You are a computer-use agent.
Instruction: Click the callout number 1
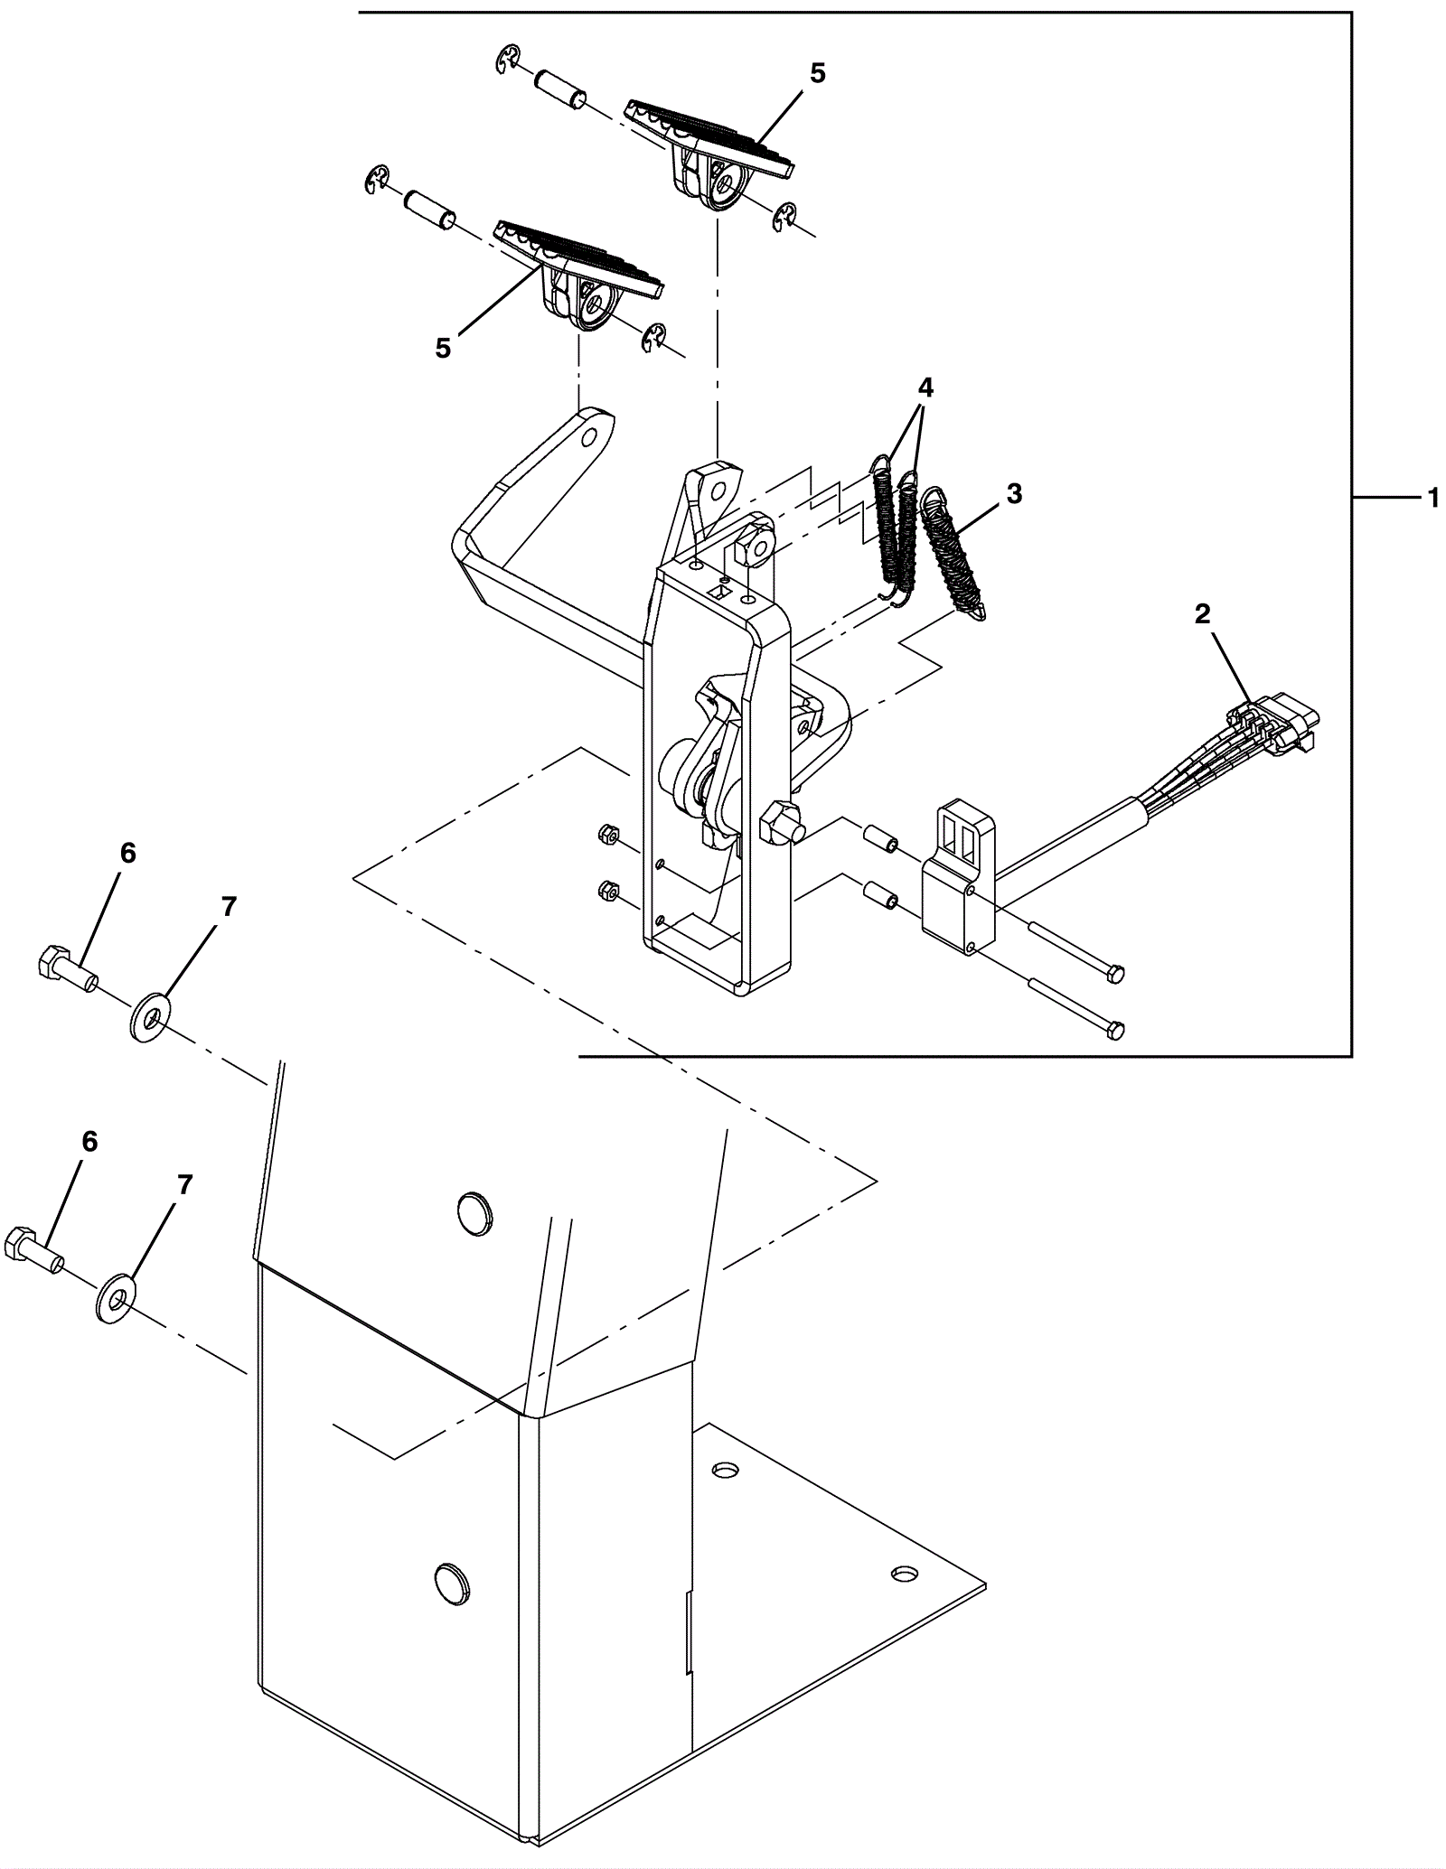1432,498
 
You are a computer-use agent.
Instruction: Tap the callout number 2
1202,614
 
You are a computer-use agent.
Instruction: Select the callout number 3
1014,494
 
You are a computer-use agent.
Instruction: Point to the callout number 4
925,388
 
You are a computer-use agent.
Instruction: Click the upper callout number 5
817,74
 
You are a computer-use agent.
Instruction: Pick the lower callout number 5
443,349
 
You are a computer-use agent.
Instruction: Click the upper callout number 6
127,853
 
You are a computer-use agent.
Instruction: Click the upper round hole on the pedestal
474,1210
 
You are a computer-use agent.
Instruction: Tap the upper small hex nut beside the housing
608,836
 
